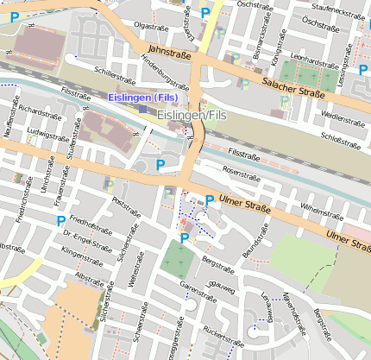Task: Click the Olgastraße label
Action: [x=152, y=27]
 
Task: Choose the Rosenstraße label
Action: [x=241, y=173]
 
